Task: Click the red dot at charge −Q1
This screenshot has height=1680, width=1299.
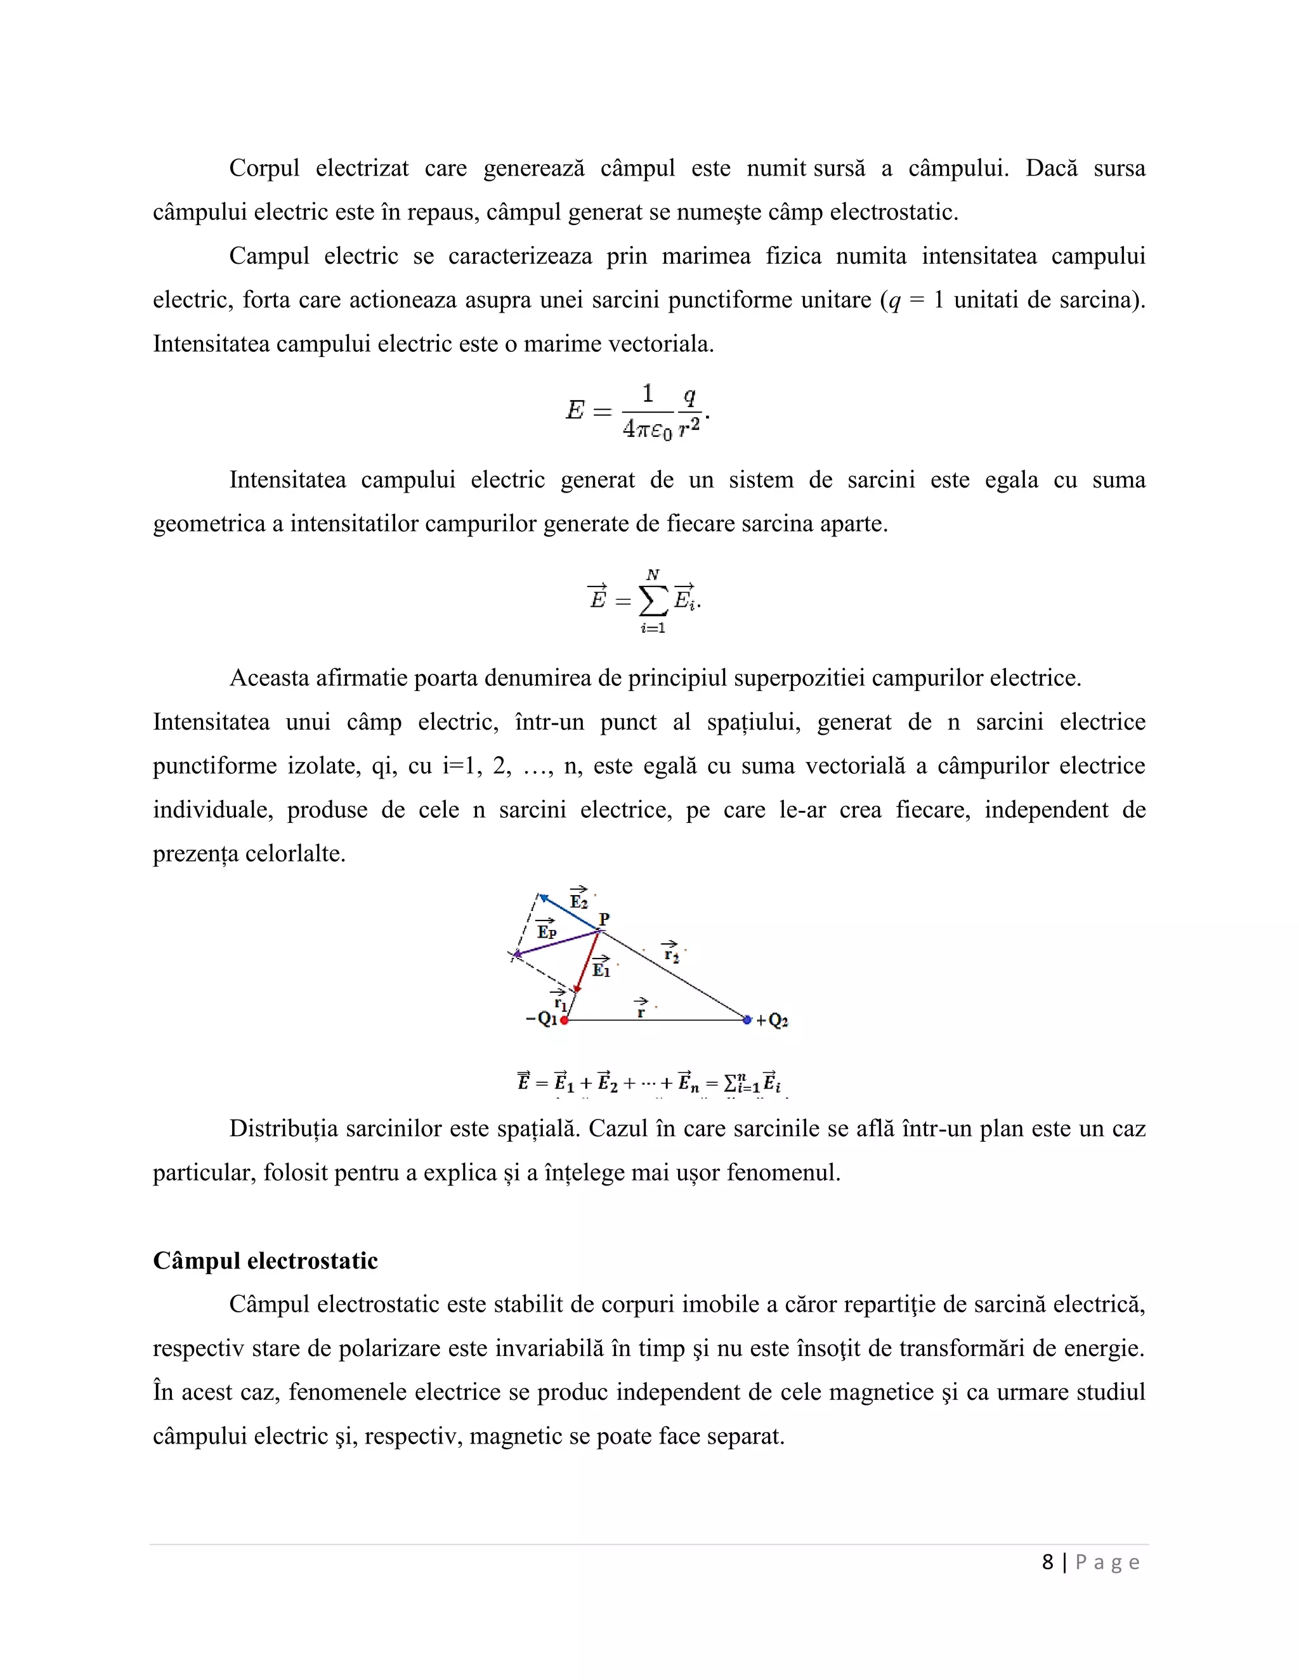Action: (x=564, y=1020)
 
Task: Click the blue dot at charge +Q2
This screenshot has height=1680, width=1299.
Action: (x=747, y=1020)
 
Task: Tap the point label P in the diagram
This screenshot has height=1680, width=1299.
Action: (x=604, y=919)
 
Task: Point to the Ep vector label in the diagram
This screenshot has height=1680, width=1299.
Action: (x=546, y=930)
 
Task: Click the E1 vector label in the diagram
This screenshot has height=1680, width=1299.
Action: (x=601, y=967)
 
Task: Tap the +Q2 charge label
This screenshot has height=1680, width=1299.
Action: (x=772, y=1021)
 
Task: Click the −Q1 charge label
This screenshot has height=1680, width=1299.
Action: (x=542, y=1019)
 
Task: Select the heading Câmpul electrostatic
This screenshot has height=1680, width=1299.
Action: (x=266, y=1261)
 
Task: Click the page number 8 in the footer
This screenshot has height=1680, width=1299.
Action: (x=1047, y=1562)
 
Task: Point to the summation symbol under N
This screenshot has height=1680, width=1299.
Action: (x=653, y=602)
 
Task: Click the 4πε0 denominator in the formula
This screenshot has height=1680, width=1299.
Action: (x=647, y=429)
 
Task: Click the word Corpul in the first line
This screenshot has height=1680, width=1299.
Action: (x=264, y=169)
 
